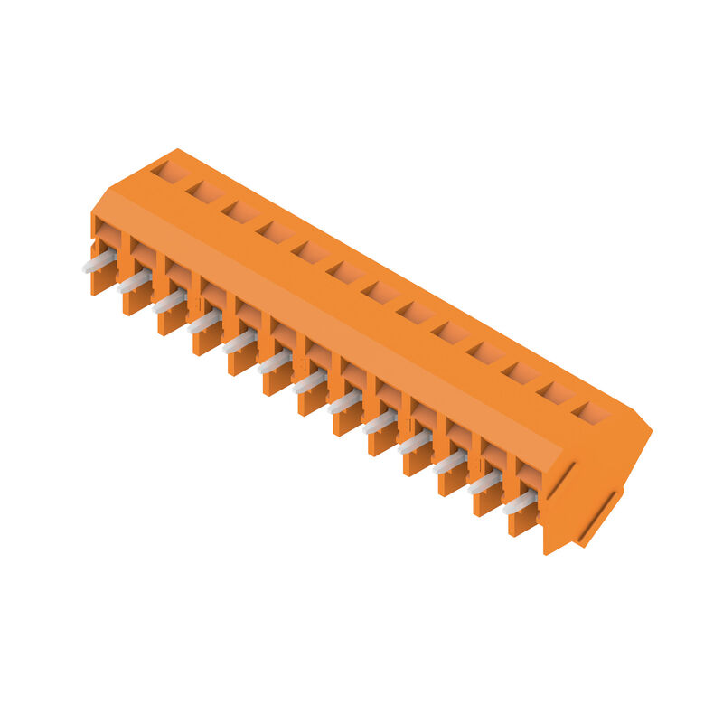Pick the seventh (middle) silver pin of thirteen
pos(310,381)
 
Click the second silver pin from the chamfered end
pos(135,281)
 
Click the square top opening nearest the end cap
pos(592,413)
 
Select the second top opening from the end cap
pos(557,393)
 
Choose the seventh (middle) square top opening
pos(380,292)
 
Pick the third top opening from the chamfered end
pos(239,211)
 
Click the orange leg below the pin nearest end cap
pos(522,523)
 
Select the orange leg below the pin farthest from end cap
pos(101,281)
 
